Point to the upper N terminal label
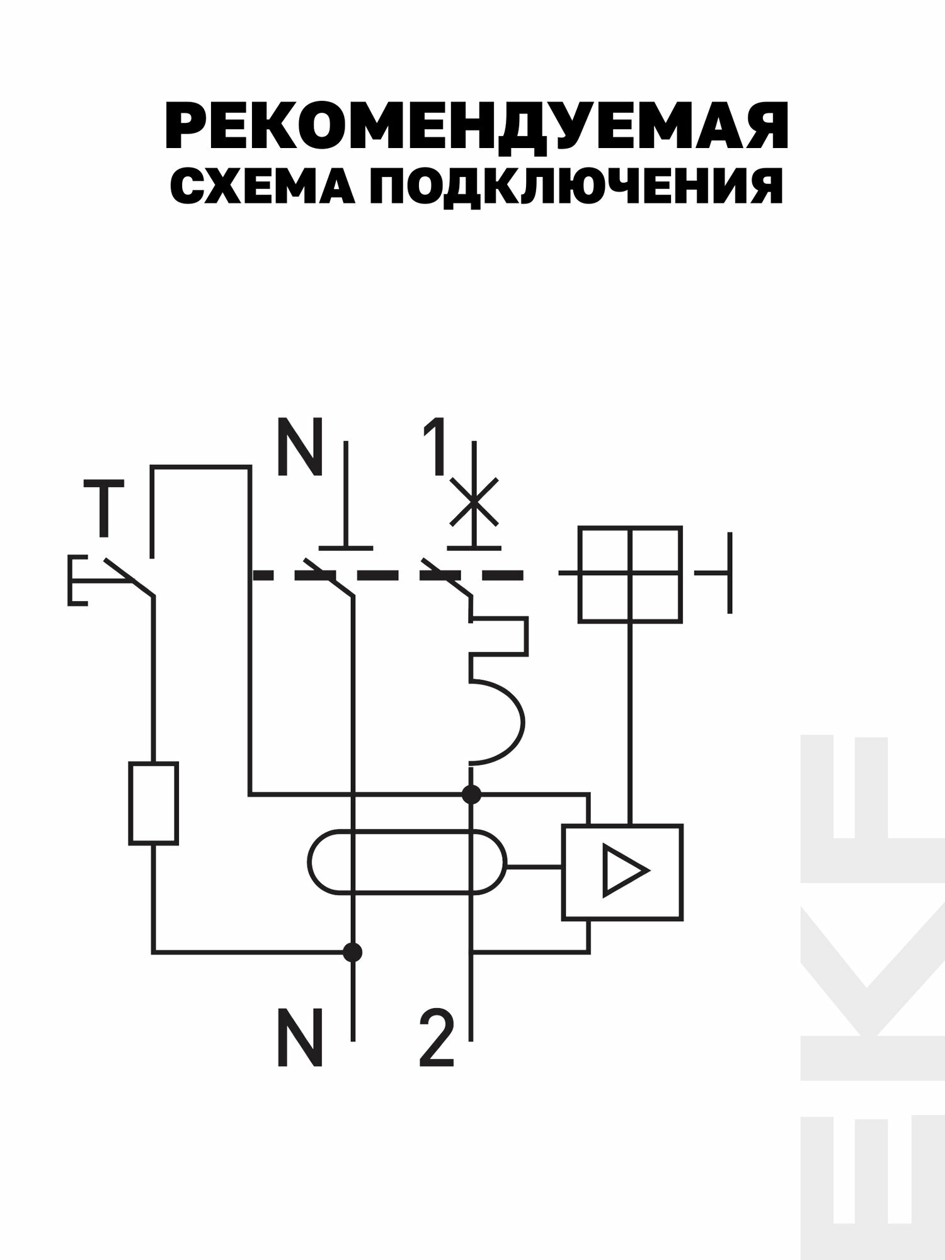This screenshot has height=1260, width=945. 300,449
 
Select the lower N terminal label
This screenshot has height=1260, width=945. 300,1046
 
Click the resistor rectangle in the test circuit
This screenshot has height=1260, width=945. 153,803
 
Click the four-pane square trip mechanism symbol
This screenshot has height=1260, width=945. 629,574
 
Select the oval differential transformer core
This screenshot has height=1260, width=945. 407,861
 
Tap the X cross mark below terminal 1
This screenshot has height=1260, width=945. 474,502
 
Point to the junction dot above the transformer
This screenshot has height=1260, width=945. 471,794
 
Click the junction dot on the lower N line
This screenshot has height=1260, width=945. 353,952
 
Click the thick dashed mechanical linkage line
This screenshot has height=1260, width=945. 387,575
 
